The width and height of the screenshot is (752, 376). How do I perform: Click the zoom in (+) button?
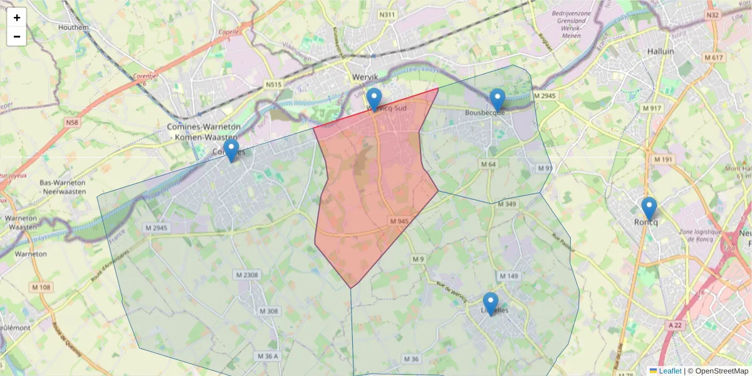click(17, 18)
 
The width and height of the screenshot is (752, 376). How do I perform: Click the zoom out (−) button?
click(17, 36)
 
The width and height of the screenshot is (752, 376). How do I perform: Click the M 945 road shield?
click(399, 221)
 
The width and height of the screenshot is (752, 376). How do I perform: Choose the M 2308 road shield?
click(247, 275)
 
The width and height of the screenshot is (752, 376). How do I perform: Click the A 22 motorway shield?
click(674, 325)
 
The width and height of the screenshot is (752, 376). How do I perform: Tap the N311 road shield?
click(388, 14)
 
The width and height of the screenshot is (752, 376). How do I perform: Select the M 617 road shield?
click(713, 58)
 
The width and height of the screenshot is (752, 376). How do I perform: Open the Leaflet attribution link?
click(670, 371)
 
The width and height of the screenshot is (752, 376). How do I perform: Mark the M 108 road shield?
click(42, 288)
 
